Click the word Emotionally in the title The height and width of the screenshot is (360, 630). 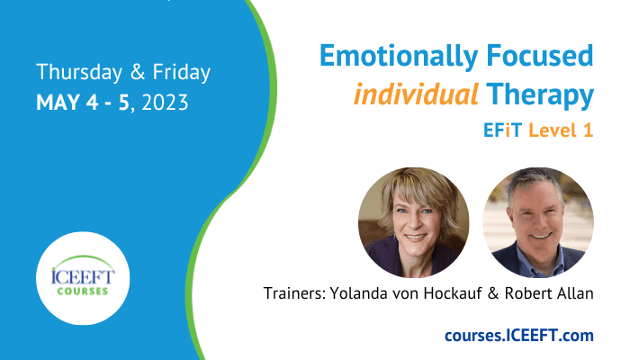pos(399,57)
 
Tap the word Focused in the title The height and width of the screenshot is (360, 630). pos(540,56)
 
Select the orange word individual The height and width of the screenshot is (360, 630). pos(416,94)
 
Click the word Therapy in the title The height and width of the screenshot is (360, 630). pos(540,95)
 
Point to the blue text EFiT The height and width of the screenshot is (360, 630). pos(502,130)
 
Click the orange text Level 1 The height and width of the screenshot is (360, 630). pos(561,130)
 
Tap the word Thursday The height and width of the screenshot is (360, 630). pos(79,73)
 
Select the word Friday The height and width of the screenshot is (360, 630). pos(181,73)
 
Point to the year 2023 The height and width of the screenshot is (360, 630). pos(165,103)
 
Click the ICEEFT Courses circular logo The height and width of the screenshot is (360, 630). pos(83,278)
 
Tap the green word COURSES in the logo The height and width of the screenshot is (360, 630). pos(83,291)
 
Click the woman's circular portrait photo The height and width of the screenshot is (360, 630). pos(414,222)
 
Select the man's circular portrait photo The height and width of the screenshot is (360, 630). pos(538,222)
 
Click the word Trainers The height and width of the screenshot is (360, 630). pos(294,293)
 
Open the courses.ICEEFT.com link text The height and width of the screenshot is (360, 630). pos(519,335)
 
